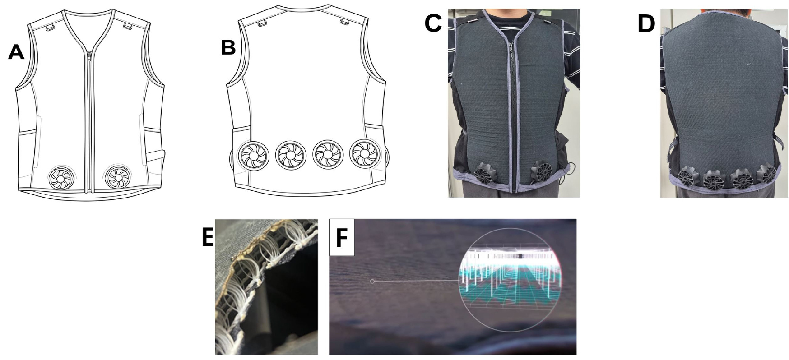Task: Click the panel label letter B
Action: click(228, 47)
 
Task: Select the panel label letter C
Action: click(433, 23)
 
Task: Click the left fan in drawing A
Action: click(60, 178)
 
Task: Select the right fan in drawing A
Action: click(117, 176)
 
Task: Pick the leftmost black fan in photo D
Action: click(688, 177)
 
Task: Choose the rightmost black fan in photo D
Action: click(766, 175)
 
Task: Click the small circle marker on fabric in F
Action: click(372, 282)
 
